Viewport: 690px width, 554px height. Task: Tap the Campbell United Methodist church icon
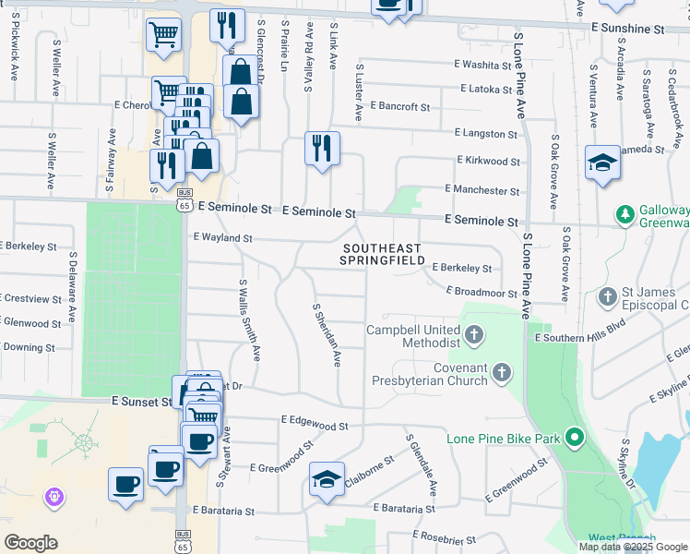tap(473, 335)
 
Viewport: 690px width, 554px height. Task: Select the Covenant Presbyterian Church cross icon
tap(501, 372)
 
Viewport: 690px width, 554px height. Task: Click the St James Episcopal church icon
tap(607, 297)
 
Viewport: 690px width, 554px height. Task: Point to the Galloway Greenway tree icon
tap(625, 214)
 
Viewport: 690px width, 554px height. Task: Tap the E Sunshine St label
tap(629, 30)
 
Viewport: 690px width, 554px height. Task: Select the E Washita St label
tap(482, 66)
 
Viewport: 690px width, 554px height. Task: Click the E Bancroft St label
tap(400, 107)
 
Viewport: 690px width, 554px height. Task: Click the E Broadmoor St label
tap(482, 292)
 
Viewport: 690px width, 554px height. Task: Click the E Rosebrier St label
tap(444, 537)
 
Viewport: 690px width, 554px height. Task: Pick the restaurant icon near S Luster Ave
tap(322, 148)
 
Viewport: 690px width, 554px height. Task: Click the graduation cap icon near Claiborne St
tap(327, 479)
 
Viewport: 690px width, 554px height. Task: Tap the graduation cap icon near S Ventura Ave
tap(602, 163)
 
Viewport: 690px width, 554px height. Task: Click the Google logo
tap(31, 543)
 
